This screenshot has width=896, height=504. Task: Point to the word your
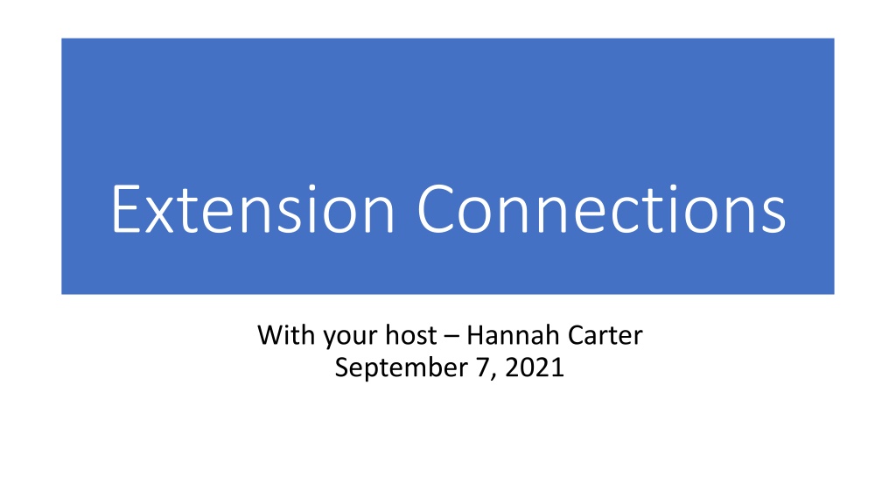point(347,337)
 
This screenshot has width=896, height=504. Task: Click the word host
point(411,335)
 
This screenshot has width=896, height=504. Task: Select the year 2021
point(535,367)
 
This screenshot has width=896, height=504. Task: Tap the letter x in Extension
point(158,216)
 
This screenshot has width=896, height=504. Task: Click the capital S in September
point(342,367)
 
